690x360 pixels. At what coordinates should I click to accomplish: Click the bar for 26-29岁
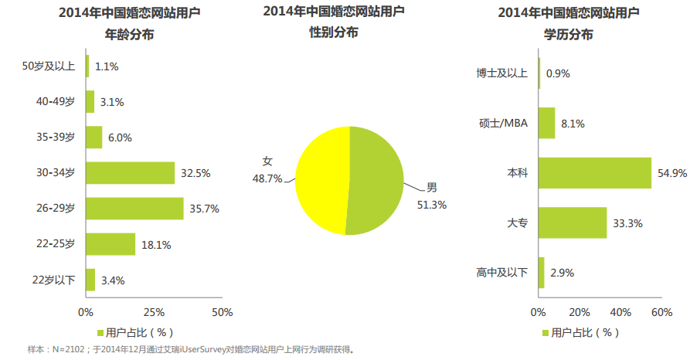coord(134,209)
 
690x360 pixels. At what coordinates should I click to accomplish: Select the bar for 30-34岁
coord(130,173)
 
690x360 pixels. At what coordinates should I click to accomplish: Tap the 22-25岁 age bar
coord(110,244)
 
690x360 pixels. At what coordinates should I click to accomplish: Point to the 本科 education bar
coord(595,173)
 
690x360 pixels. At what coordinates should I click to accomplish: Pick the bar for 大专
coord(573,222)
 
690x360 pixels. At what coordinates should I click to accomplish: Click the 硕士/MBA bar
coord(547,123)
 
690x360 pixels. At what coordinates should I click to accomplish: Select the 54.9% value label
coord(671,173)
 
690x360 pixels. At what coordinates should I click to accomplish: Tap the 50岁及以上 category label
coord(49,66)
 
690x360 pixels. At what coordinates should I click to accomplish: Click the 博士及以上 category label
coord(502,73)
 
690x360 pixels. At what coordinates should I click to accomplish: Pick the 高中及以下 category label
coord(502,273)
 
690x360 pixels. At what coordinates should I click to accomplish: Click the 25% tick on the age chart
coord(154,312)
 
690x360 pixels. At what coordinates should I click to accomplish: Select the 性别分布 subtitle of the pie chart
coord(334,32)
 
